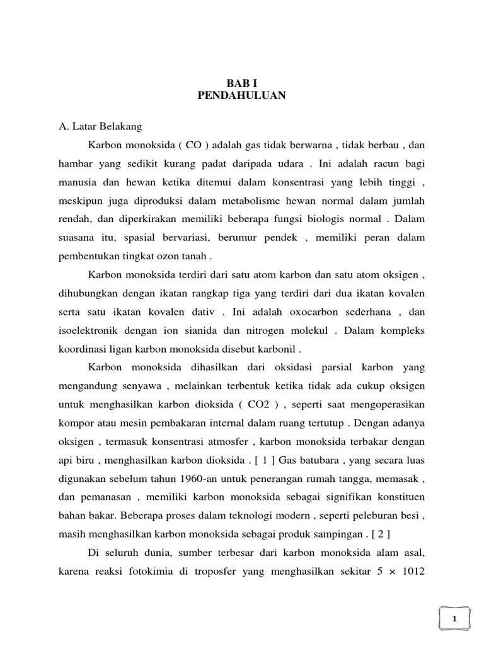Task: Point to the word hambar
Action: (75, 164)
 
